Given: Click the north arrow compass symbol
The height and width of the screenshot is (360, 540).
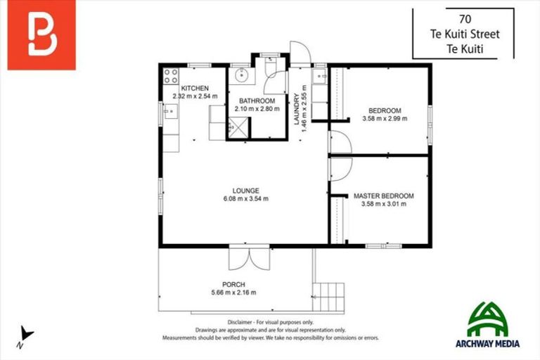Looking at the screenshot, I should [26, 334].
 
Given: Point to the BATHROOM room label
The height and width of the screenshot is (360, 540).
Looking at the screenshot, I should [256, 101].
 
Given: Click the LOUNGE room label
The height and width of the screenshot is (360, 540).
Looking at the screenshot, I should [246, 190].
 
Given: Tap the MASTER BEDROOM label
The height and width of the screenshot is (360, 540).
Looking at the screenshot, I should [383, 195].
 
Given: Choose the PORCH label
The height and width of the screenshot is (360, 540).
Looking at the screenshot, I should [234, 284].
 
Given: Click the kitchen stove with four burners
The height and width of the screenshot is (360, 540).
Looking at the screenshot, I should [171, 75].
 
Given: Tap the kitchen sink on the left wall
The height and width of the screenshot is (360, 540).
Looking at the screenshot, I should [169, 110].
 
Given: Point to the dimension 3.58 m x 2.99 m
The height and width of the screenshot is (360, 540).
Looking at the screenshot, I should [384, 119].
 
